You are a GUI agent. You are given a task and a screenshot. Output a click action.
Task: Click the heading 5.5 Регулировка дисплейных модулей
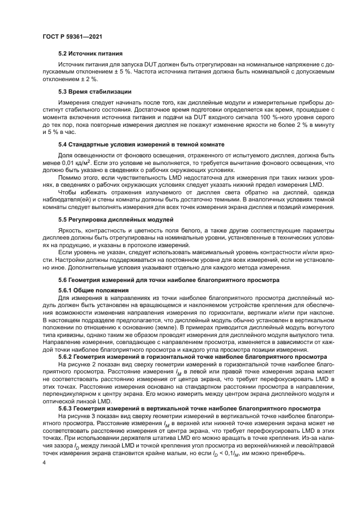[116, 219]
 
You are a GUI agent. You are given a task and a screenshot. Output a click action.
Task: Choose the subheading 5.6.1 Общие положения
[88, 290]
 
